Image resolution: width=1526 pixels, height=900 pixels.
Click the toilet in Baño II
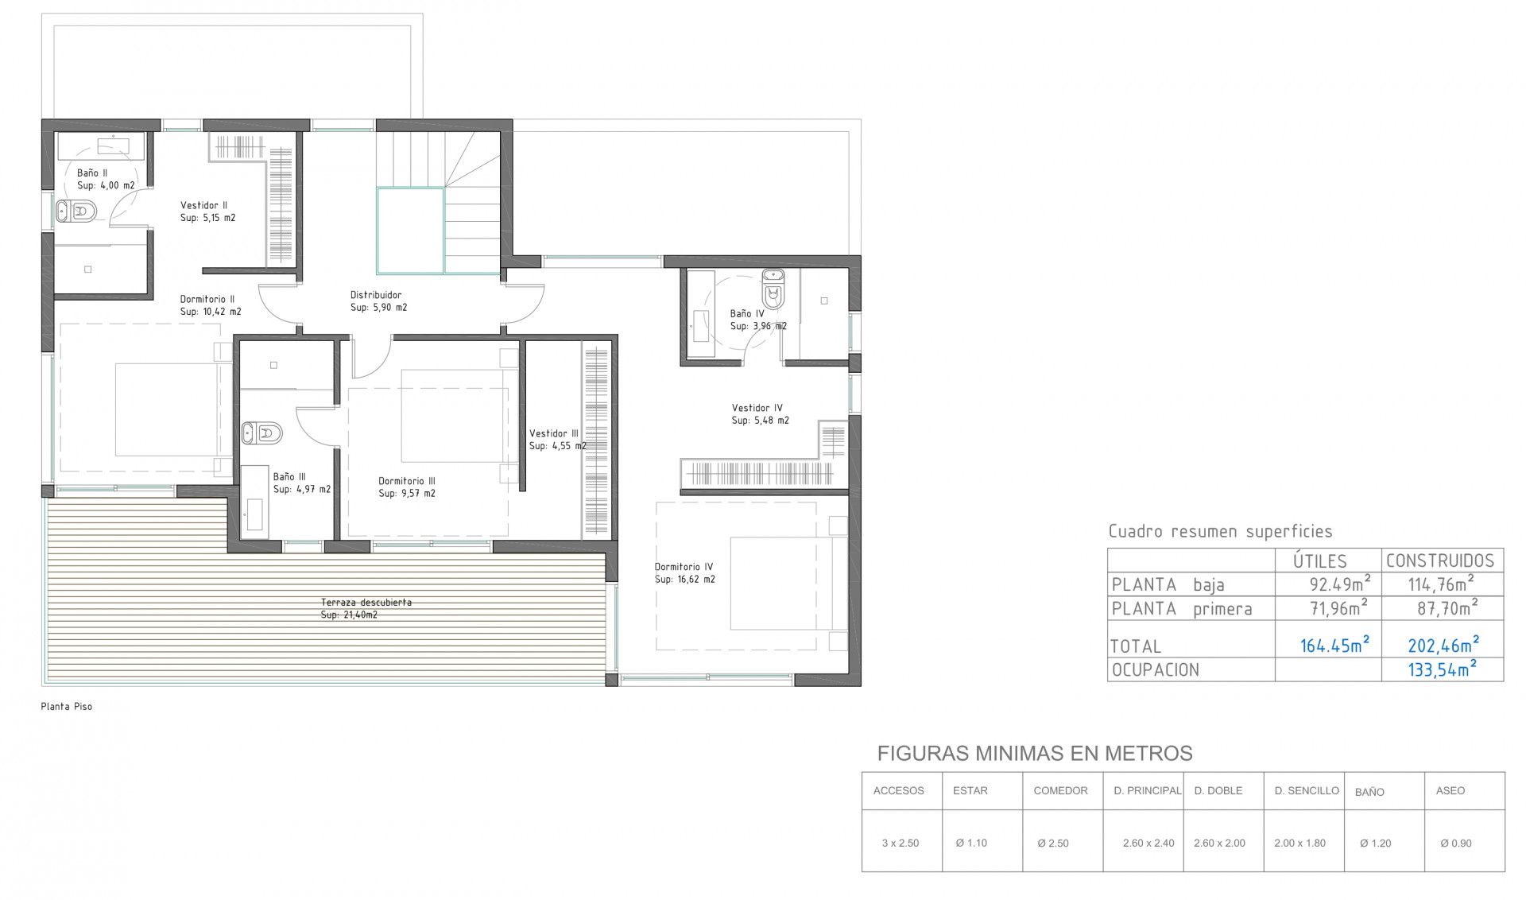pyautogui.click(x=76, y=211)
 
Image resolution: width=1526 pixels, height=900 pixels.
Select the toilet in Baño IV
pyautogui.click(x=773, y=289)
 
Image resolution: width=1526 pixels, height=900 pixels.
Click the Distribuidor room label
pyautogui.click(x=378, y=301)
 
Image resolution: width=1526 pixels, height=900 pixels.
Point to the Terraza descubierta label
pyautogui.click(x=366, y=608)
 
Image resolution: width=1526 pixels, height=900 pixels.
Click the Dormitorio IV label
pyautogui.click(x=684, y=573)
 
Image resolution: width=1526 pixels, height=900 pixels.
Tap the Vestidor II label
pyautogui.click(x=207, y=211)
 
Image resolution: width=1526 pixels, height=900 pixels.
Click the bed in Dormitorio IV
pyautogui.click(x=780, y=583)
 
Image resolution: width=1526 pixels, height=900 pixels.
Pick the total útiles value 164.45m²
pyautogui.click(x=1334, y=644)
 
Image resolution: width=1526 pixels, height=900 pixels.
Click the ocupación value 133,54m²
pyautogui.click(x=1443, y=669)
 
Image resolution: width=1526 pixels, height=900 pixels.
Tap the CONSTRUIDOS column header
pyautogui.click(x=1440, y=561)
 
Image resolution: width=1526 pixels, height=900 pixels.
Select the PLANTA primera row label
pyautogui.click(x=1182, y=609)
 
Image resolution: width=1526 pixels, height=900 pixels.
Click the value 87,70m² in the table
pyautogui.click(x=1447, y=608)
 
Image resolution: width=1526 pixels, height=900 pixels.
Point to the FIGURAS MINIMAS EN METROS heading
pyautogui.click(x=1035, y=753)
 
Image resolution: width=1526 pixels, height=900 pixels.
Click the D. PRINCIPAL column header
pyautogui.click(x=1148, y=790)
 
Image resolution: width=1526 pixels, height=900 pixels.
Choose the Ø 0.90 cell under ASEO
pyautogui.click(x=1456, y=843)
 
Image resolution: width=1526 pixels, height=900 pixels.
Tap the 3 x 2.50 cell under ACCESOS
pyautogui.click(x=900, y=843)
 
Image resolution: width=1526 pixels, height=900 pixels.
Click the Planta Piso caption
pyautogui.click(x=67, y=706)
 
